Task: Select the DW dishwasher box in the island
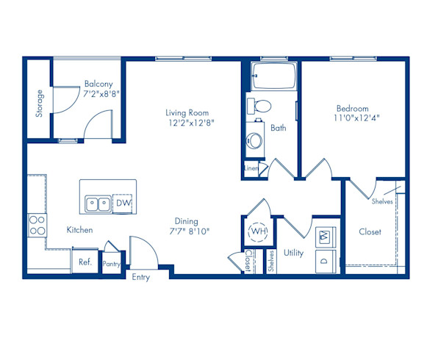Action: click(123, 203)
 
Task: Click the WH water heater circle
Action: click(258, 231)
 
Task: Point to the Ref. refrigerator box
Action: click(85, 262)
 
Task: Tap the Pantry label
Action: click(112, 264)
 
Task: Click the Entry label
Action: click(140, 277)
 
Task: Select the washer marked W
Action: click(324, 237)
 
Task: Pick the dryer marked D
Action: click(324, 261)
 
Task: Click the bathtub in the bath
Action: click(273, 75)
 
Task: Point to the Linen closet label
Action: click(251, 168)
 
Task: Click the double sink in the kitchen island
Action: click(98, 203)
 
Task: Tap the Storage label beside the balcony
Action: click(39, 104)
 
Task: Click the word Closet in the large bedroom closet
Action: click(370, 231)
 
